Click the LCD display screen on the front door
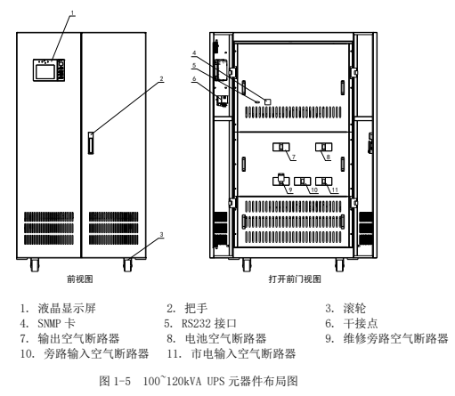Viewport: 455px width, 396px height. coord(45,72)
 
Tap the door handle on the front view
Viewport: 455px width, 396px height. coord(91,142)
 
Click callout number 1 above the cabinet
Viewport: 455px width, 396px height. coord(73,12)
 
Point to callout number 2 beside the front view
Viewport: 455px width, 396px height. coord(161,78)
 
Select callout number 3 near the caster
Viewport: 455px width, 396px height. coord(161,234)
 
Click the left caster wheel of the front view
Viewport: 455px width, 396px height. coord(35,264)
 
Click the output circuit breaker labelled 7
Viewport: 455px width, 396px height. coord(281,147)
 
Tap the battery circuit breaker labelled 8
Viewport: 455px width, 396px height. coord(324,147)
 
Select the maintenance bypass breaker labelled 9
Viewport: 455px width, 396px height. coord(281,180)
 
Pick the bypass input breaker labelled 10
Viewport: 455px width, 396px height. coord(303,182)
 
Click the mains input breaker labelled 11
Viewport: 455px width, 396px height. coord(324,182)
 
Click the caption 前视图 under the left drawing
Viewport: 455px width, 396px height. coord(80,279)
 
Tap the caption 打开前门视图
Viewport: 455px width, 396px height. coord(295,279)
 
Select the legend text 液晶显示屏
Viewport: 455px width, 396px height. coord(67,308)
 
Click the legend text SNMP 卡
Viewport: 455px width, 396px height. coord(56,323)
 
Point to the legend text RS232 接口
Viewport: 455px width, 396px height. coord(209,323)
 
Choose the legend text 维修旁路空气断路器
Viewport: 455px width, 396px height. coord(396,338)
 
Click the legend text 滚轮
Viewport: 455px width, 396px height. coord(354,308)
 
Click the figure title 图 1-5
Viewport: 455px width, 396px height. coord(115,381)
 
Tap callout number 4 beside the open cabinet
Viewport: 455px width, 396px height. coord(194,53)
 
